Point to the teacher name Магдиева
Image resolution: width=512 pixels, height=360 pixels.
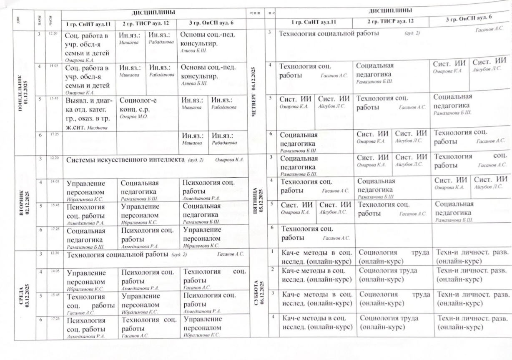[x=99, y=128]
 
